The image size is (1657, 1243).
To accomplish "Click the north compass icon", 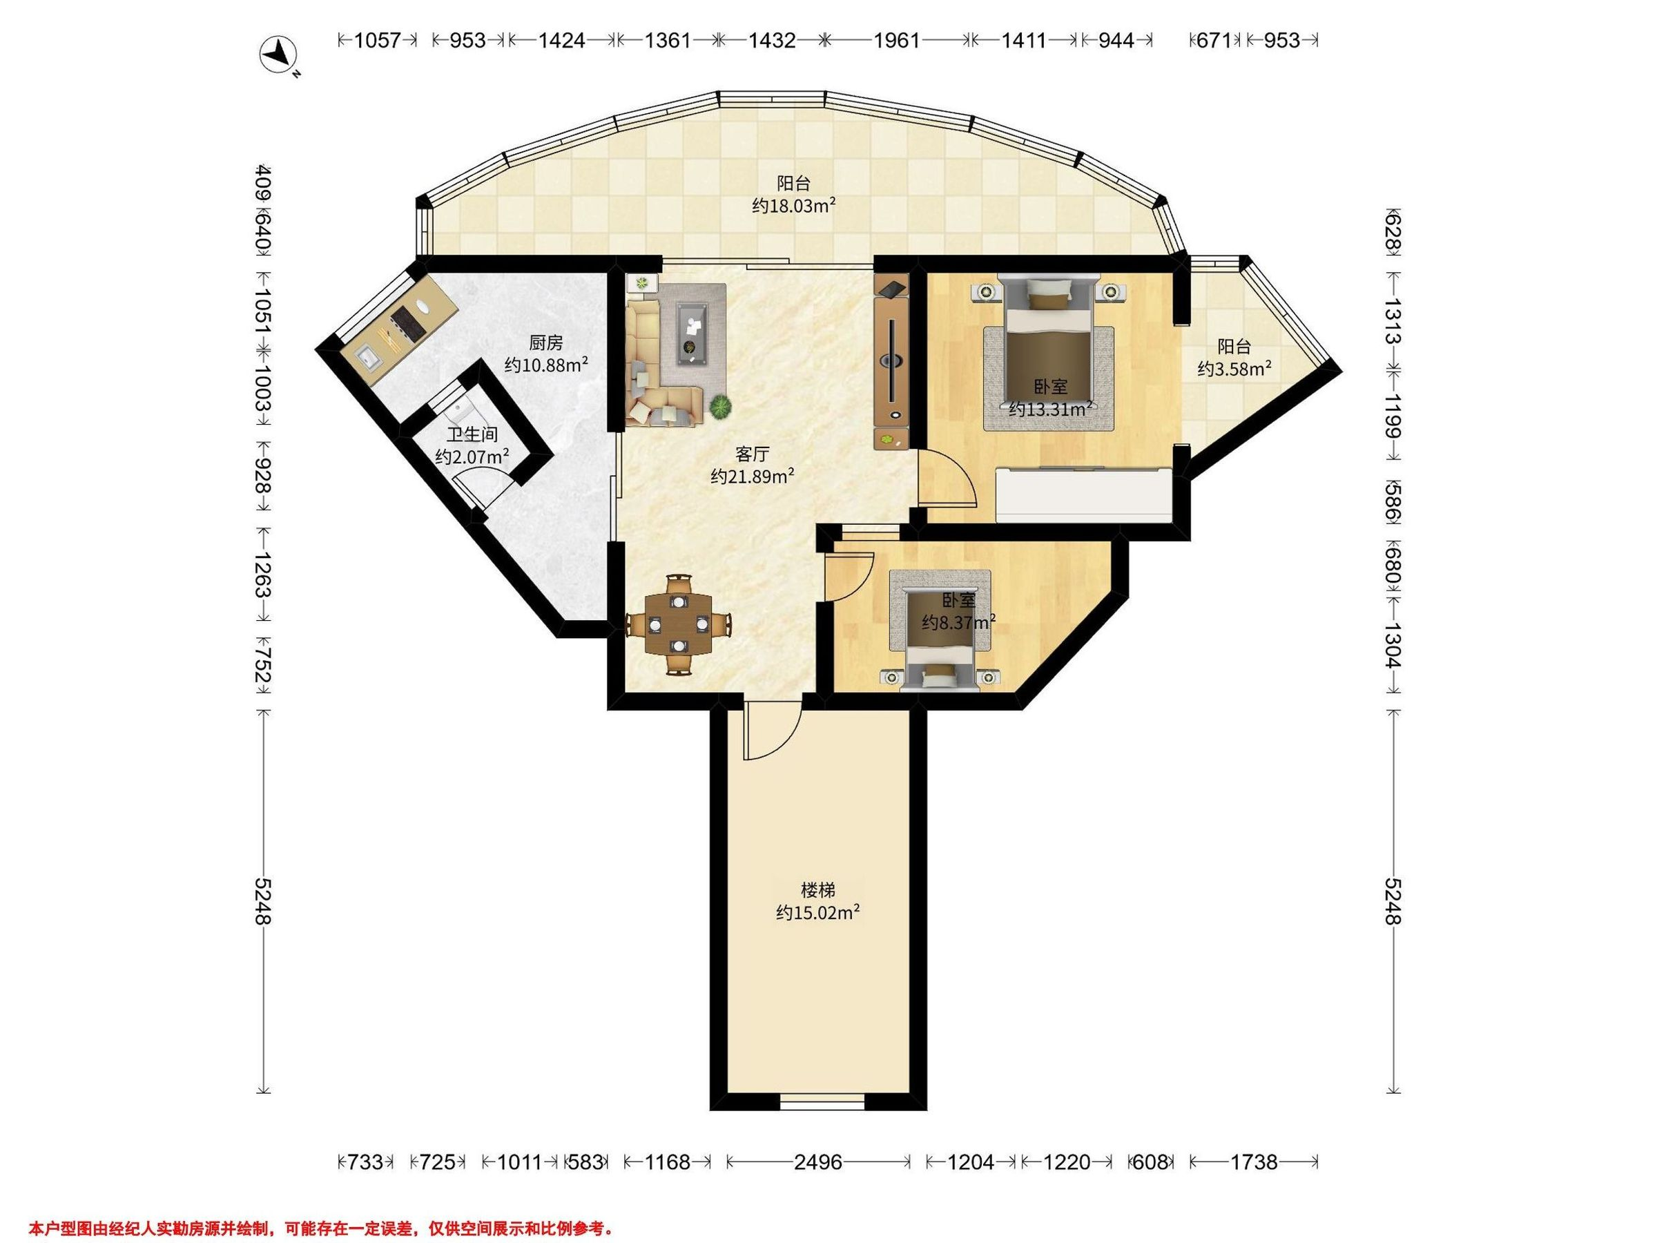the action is [279, 55].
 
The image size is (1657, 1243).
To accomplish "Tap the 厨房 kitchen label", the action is [545, 343].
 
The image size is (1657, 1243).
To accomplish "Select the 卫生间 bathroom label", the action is [472, 434].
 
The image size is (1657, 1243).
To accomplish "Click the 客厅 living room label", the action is [752, 454].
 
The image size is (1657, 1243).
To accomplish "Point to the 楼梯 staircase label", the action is [818, 890].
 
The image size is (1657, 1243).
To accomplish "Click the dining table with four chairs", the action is [679, 624].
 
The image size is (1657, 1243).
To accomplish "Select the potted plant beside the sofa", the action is [721, 407].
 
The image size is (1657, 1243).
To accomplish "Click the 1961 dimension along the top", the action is [897, 41].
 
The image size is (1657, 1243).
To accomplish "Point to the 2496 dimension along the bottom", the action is [818, 1162].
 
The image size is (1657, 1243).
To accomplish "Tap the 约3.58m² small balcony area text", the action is [1234, 369].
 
